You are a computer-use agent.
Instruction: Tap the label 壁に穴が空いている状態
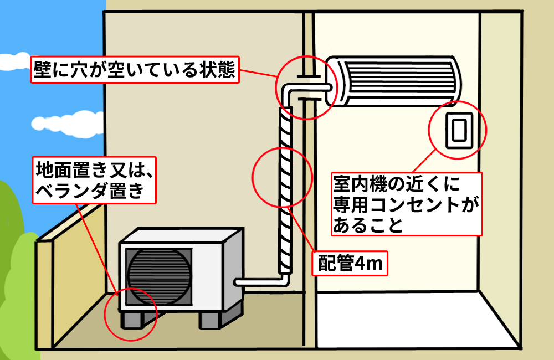coord(134,69)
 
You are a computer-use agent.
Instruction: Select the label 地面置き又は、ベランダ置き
coord(94,179)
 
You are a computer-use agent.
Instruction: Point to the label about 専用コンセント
coord(406,203)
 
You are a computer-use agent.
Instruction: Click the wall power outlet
coord(458,131)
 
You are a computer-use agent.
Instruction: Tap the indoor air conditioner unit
coord(394,80)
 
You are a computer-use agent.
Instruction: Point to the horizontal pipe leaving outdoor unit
coord(258,282)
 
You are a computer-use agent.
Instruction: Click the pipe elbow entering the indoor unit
coord(294,89)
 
